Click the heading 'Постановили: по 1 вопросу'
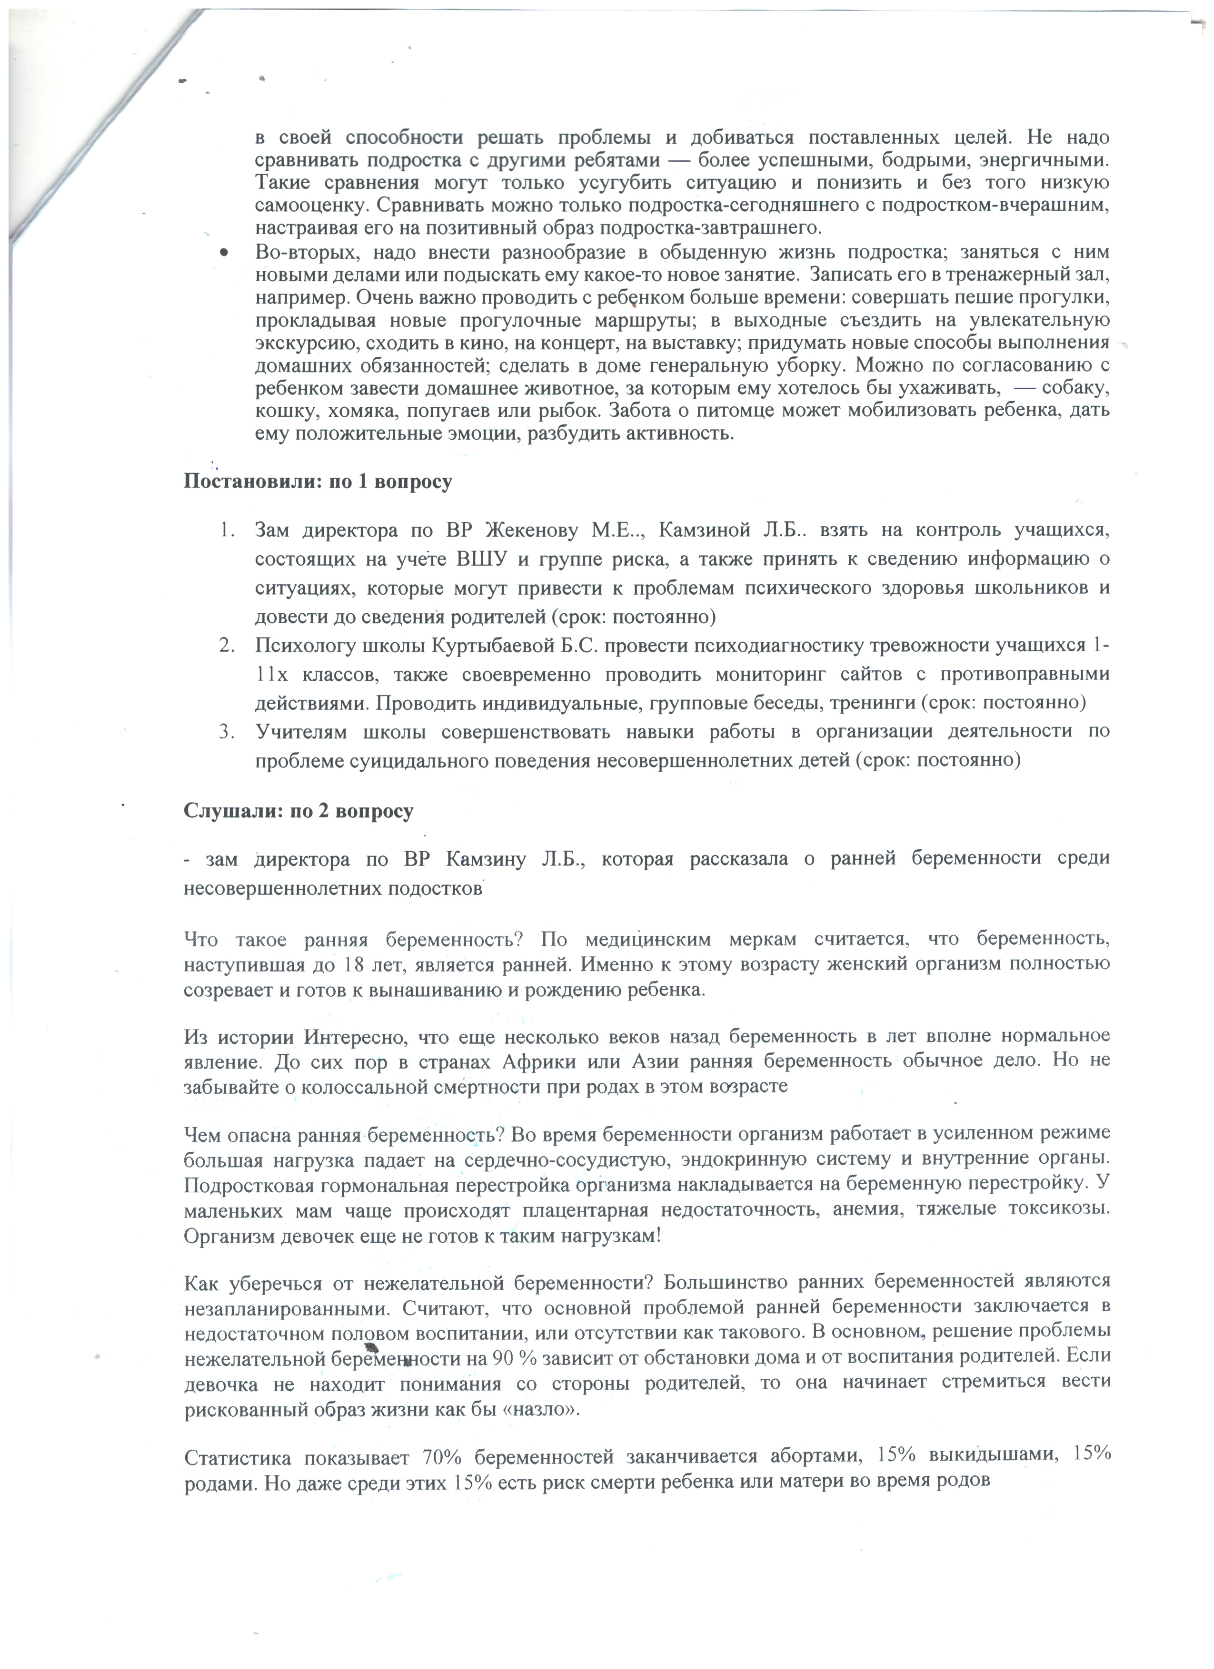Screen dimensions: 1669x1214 [x=317, y=483]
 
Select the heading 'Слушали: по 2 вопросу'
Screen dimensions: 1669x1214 [x=298, y=811]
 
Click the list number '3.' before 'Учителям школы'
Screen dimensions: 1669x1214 [x=228, y=731]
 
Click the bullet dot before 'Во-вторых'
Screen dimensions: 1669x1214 [x=224, y=253]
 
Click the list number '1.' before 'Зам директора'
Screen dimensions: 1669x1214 [x=228, y=530]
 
